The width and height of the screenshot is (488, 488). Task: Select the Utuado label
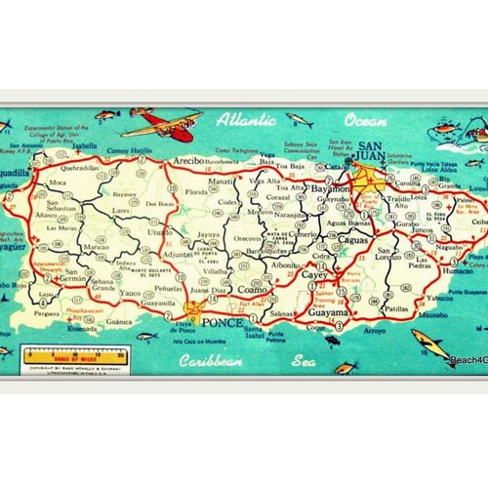(x=159, y=233)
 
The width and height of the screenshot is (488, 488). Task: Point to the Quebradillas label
(x=73, y=166)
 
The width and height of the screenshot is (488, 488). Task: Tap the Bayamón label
(x=329, y=187)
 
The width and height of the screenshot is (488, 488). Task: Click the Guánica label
(x=119, y=319)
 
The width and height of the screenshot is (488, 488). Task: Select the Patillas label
(x=395, y=309)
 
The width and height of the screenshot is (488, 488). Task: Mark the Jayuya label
(x=207, y=234)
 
